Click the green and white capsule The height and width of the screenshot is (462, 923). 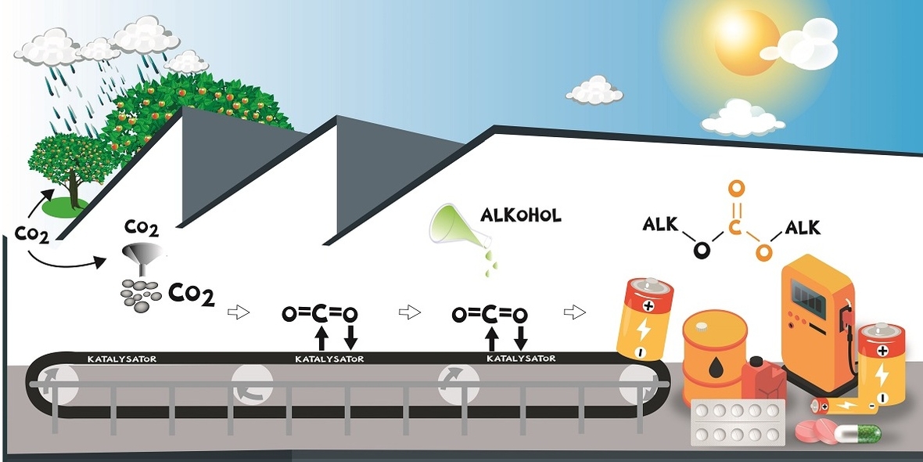(858, 433)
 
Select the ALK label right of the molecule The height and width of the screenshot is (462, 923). (803, 227)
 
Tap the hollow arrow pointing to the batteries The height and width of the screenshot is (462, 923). (574, 312)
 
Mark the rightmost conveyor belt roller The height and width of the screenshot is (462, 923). (635, 384)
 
